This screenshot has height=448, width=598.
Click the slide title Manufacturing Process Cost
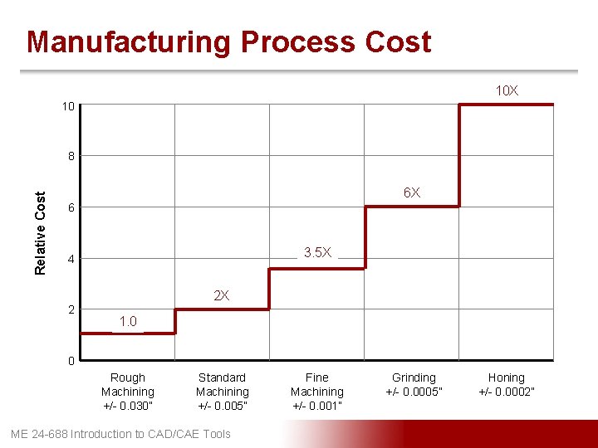[x=228, y=41]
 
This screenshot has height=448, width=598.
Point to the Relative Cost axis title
[x=41, y=232]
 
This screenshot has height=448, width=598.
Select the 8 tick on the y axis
[x=71, y=156]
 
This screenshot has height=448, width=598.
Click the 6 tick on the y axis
[x=71, y=207]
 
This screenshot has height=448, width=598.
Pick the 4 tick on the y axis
[x=71, y=259]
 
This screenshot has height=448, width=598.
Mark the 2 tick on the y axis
[x=71, y=309]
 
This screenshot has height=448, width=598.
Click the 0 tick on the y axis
[x=71, y=361]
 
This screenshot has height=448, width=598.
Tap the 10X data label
[x=507, y=90]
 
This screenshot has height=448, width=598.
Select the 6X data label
[x=412, y=192]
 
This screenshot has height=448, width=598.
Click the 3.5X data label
[x=317, y=252]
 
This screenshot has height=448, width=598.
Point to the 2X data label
[x=222, y=295]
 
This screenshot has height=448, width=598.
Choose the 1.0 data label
[x=128, y=321]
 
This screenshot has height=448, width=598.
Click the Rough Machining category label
[x=128, y=391]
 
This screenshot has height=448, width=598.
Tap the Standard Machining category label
[x=222, y=391]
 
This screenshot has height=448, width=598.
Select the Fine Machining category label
[x=317, y=391]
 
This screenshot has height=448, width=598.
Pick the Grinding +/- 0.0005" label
[x=414, y=384]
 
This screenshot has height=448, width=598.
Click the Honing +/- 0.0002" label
[x=507, y=384]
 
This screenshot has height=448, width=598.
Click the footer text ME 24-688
[x=120, y=434]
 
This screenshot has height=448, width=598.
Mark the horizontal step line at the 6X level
[x=412, y=207]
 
